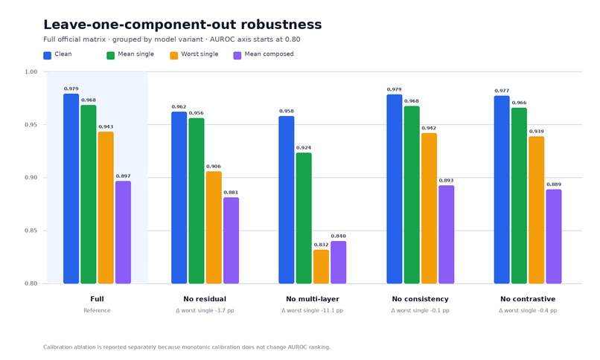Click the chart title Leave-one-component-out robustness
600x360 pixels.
(x=182, y=25)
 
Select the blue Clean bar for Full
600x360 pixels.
(x=71, y=189)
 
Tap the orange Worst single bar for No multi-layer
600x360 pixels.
(x=321, y=267)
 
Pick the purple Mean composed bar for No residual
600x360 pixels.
(x=231, y=240)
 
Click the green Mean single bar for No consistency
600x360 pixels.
(x=412, y=195)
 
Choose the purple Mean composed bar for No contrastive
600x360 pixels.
(x=554, y=237)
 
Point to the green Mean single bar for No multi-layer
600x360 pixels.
(x=304, y=218)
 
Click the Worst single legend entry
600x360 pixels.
(x=194, y=54)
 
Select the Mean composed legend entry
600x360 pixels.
(x=264, y=54)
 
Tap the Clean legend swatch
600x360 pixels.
(x=48, y=56)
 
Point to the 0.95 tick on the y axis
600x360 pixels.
(x=31, y=124)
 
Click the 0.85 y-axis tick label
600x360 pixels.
(x=31, y=231)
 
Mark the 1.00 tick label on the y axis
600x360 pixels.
(x=31, y=72)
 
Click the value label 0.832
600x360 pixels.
(x=321, y=245)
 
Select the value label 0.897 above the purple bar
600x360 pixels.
(x=124, y=176)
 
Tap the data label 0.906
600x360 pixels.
(x=214, y=167)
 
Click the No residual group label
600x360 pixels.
(x=205, y=299)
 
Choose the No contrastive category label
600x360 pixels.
(x=528, y=299)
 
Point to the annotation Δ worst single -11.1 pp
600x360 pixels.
(x=312, y=310)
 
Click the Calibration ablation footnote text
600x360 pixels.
(x=187, y=347)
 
